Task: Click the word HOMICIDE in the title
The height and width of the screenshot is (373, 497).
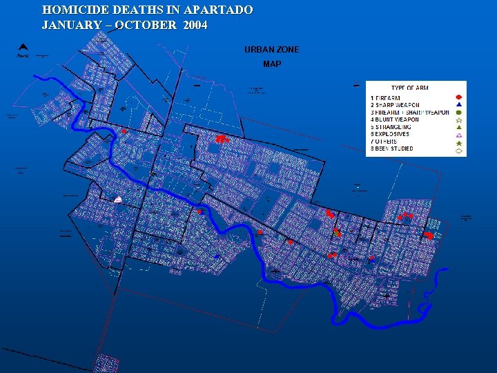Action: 70,10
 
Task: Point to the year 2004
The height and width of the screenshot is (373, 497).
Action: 195,25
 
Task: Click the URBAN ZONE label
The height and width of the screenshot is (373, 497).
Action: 271,50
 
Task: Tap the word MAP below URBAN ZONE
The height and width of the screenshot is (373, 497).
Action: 271,64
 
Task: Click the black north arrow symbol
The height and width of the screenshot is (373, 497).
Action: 22,49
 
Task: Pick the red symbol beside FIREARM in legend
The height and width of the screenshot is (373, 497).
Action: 458,97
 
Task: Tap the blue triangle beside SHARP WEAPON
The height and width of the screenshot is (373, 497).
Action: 458,104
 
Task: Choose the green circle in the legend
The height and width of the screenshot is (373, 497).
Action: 458,112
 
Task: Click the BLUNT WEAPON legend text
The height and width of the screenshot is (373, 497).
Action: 395,119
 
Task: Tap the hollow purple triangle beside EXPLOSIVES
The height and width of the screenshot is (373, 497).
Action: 458,135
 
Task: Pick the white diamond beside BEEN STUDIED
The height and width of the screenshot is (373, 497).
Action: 458,150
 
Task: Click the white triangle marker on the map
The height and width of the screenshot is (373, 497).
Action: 118,200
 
